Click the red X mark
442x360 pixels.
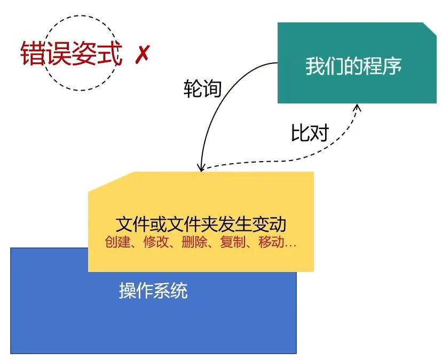143,54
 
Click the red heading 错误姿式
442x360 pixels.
72,53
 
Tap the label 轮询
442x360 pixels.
202,89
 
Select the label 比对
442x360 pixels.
310,132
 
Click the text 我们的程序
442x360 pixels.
353,66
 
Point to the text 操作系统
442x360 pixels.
153,290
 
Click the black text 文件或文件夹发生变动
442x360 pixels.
201,224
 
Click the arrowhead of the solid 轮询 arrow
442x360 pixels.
201,169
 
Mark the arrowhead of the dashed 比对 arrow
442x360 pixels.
358,107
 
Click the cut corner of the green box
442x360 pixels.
430,29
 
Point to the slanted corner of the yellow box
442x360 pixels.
111,182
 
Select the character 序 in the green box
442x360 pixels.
392,66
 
